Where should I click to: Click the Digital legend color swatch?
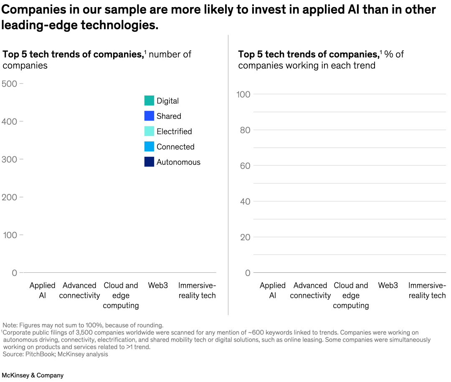pyautogui.click(x=149, y=101)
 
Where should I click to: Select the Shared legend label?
pyautogui.click(x=169, y=116)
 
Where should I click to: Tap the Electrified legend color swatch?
pyautogui.click(x=149, y=131)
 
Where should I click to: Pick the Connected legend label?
pyautogui.click(x=175, y=147)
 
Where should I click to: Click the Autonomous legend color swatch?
pyautogui.click(x=149, y=162)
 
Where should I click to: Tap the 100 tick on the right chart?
pyautogui.click(x=243, y=94)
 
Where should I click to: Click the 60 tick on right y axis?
pyautogui.click(x=245, y=166)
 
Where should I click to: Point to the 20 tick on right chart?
pyautogui.click(x=245, y=237)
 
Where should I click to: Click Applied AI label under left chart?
pyautogui.click(x=42, y=290)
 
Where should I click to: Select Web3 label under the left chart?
pyautogui.click(x=158, y=285)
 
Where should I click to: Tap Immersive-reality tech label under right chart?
pyautogui.click(x=427, y=290)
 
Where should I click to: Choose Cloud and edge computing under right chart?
pyautogui.click(x=351, y=295)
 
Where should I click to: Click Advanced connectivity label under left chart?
pyautogui.click(x=79, y=290)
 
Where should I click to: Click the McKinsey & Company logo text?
pyautogui.click(x=33, y=375)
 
